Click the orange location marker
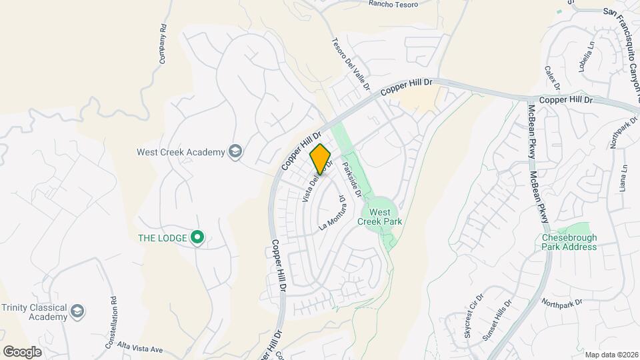pyautogui.click(x=320, y=159)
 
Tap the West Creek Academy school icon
pyautogui.click(x=235, y=152)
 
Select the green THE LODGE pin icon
pyautogui.click(x=197, y=237)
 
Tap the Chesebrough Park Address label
pyautogui.click(x=569, y=242)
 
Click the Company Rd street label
pyautogui.click(x=162, y=45)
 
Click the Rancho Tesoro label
pyautogui.click(x=393, y=5)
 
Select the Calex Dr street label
pyautogui.click(x=553, y=78)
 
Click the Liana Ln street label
pyautogui.click(x=625, y=179)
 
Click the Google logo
pyautogui.click(x=22, y=351)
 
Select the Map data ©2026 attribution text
pyautogui.click(x=610, y=354)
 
